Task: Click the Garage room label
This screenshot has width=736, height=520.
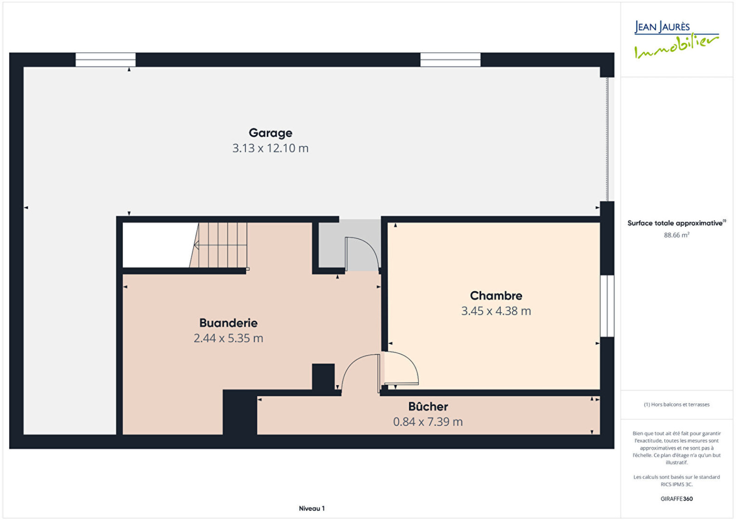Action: [270, 133]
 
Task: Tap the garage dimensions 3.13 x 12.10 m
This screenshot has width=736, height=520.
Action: [270, 148]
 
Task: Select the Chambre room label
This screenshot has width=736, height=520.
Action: [496, 295]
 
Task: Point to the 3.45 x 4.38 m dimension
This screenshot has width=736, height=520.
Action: [496, 311]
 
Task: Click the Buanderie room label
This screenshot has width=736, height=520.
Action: [228, 323]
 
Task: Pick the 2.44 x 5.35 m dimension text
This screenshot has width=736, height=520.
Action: [228, 338]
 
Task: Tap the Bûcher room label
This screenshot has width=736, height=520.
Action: [428, 407]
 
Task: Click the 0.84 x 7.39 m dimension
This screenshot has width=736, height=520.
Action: [428, 422]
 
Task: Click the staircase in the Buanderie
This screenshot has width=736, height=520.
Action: [218, 245]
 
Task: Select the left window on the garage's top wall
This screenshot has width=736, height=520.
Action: [105, 60]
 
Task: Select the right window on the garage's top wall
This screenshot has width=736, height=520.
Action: [450, 60]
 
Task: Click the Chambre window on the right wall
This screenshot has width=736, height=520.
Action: [607, 306]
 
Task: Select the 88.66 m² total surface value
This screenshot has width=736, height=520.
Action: [677, 235]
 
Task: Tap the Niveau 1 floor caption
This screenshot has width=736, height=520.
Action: [311, 508]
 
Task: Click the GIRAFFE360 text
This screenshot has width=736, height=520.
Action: [677, 499]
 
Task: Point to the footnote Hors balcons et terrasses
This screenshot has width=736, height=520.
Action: [677, 404]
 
